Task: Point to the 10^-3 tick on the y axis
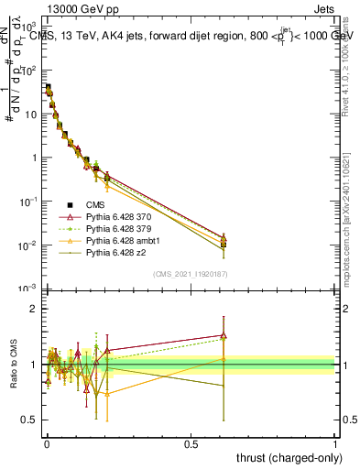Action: (x=30, y=289)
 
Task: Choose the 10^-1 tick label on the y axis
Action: (x=30, y=202)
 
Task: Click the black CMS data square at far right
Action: (x=223, y=245)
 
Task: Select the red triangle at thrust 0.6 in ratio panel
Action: (x=223, y=334)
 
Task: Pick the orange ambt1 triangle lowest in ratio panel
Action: (x=107, y=393)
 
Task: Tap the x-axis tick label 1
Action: (x=336, y=443)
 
